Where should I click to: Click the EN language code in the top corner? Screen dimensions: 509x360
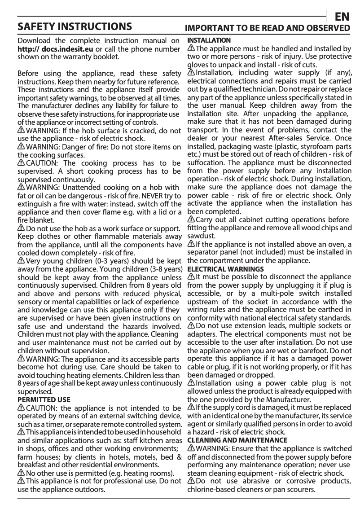tap(342, 17)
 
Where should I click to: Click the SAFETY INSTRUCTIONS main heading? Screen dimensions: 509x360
tap(74, 26)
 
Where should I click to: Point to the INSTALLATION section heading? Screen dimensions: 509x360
tap(209, 40)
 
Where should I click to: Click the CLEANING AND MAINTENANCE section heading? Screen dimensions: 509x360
tap(237, 440)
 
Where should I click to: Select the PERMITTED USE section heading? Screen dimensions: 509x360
tap(44, 399)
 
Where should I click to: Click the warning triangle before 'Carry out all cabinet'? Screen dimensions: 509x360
tap(191, 219)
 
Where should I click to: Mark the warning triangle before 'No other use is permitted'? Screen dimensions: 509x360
tap(21, 473)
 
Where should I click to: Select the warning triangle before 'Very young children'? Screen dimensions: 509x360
tap(21, 261)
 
